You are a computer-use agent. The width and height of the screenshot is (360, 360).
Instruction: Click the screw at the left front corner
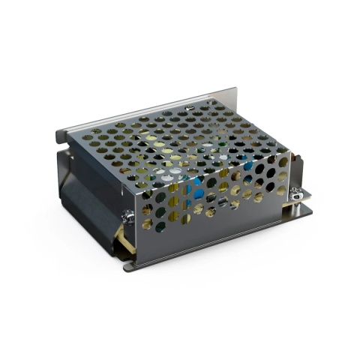[x=127, y=216]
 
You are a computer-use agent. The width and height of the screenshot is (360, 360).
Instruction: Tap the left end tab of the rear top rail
[x=62, y=136]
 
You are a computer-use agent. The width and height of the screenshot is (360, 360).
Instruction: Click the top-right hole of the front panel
[x=281, y=160]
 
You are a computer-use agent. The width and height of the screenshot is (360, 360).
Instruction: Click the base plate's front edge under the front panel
[x=217, y=247]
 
